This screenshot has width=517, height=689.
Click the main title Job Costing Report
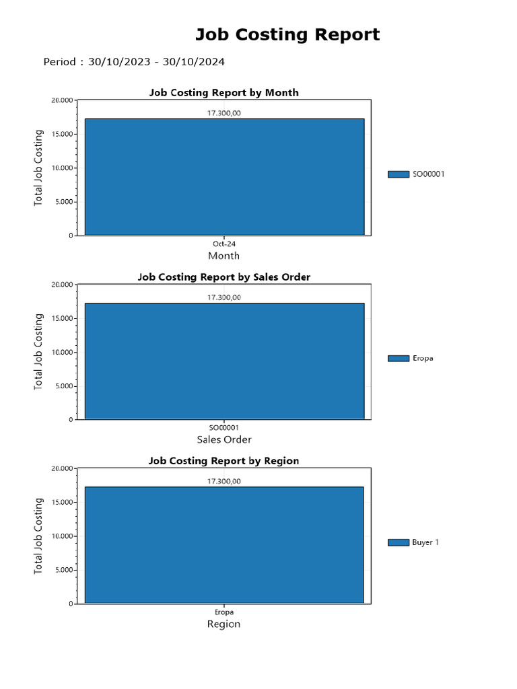pyautogui.click(x=287, y=34)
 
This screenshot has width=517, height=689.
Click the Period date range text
pyautogui.click(x=134, y=62)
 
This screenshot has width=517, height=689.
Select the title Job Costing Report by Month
pyautogui.click(x=223, y=92)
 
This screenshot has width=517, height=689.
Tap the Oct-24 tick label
pyautogui.click(x=224, y=244)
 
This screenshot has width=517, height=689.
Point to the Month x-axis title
pyautogui.click(x=223, y=256)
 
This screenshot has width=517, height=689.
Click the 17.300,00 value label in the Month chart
pyautogui.click(x=223, y=113)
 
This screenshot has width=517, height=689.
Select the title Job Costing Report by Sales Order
pyautogui.click(x=223, y=277)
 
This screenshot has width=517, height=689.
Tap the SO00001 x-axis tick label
pyautogui.click(x=224, y=428)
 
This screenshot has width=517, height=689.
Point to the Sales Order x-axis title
pyautogui.click(x=224, y=439)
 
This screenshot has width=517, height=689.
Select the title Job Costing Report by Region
pyautogui.click(x=223, y=461)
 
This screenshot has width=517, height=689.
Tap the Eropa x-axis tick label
pyautogui.click(x=224, y=612)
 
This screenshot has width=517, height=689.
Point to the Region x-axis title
pyautogui.click(x=223, y=624)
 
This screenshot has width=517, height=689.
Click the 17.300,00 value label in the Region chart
pyautogui.click(x=223, y=481)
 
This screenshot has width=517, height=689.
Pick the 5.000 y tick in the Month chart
pyautogui.click(x=63, y=202)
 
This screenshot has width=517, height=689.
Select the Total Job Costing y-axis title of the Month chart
pyautogui.click(x=38, y=168)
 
